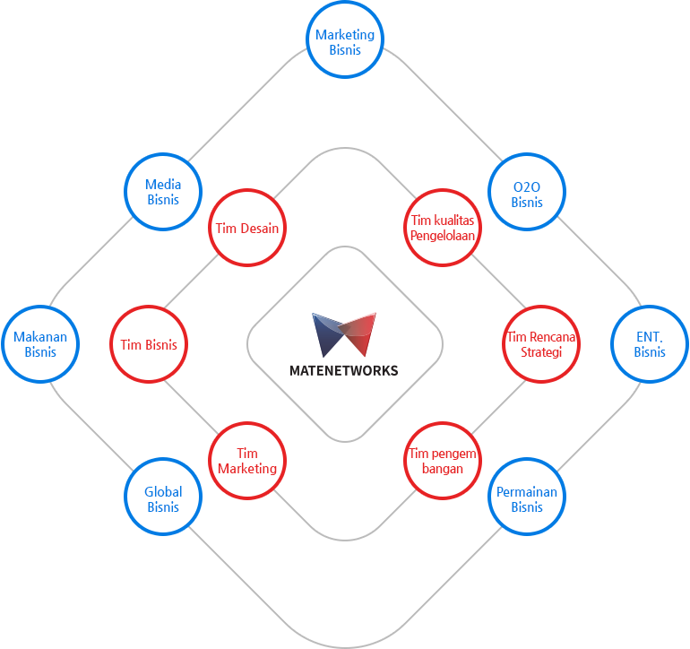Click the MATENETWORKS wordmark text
tap(344, 371)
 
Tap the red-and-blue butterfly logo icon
tap(344, 334)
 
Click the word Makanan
tap(40, 337)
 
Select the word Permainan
tap(527, 492)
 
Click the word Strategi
tap(541, 352)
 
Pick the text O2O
tap(527, 187)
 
